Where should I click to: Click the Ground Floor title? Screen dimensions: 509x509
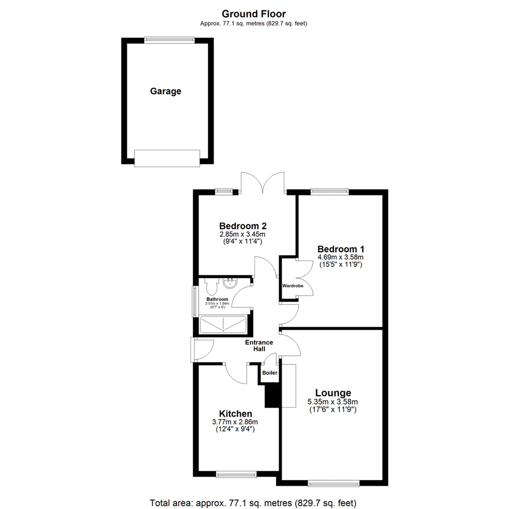tap(254, 14)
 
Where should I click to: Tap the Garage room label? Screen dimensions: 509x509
tap(165, 91)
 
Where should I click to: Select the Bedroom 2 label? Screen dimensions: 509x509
tap(239, 225)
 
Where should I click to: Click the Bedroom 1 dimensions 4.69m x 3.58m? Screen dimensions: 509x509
tap(340, 257)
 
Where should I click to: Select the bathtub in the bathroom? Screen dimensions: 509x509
tap(223, 325)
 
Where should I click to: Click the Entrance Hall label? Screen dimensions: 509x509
tap(258, 345)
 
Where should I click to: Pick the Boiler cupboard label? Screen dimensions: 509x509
tap(270, 373)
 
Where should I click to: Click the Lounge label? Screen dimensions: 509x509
tap(333, 393)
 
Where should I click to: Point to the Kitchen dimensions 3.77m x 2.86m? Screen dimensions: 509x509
tap(235, 422)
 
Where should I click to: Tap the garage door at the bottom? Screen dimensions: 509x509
tap(167, 158)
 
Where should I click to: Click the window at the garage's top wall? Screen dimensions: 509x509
tap(169, 40)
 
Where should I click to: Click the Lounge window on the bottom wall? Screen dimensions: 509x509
tap(333, 482)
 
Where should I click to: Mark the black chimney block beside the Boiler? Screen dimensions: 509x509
tap(272, 395)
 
